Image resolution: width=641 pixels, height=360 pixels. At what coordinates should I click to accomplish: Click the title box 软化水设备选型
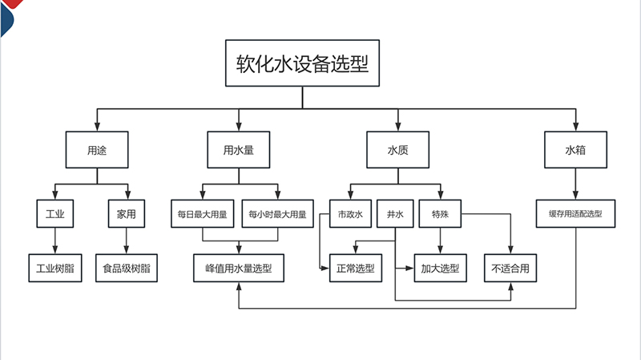(301, 63)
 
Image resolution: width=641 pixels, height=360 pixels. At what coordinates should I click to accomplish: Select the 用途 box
(97, 150)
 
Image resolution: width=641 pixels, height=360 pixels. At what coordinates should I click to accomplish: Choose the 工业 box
(55, 214)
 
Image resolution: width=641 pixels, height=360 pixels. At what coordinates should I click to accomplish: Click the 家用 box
(126, 214)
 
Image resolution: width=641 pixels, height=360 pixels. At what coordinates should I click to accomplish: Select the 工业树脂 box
(55, 269)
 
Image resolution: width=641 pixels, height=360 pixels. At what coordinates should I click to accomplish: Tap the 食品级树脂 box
(126, 269)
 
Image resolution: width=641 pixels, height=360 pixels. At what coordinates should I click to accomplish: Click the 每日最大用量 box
(203, 214)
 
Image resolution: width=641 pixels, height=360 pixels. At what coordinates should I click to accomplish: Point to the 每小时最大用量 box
(276, 214)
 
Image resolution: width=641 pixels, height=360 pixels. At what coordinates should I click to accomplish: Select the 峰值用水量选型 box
(239, 269)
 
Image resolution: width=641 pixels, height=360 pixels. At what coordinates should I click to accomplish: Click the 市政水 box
(351, 214)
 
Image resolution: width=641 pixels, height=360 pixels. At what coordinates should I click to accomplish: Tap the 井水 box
(396, 214)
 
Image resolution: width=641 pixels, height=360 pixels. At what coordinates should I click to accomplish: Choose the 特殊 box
(440, 214)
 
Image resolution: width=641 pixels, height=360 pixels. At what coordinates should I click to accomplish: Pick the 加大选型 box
(440, 269)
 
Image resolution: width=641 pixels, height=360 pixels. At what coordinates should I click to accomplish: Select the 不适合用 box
(510, 269)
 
